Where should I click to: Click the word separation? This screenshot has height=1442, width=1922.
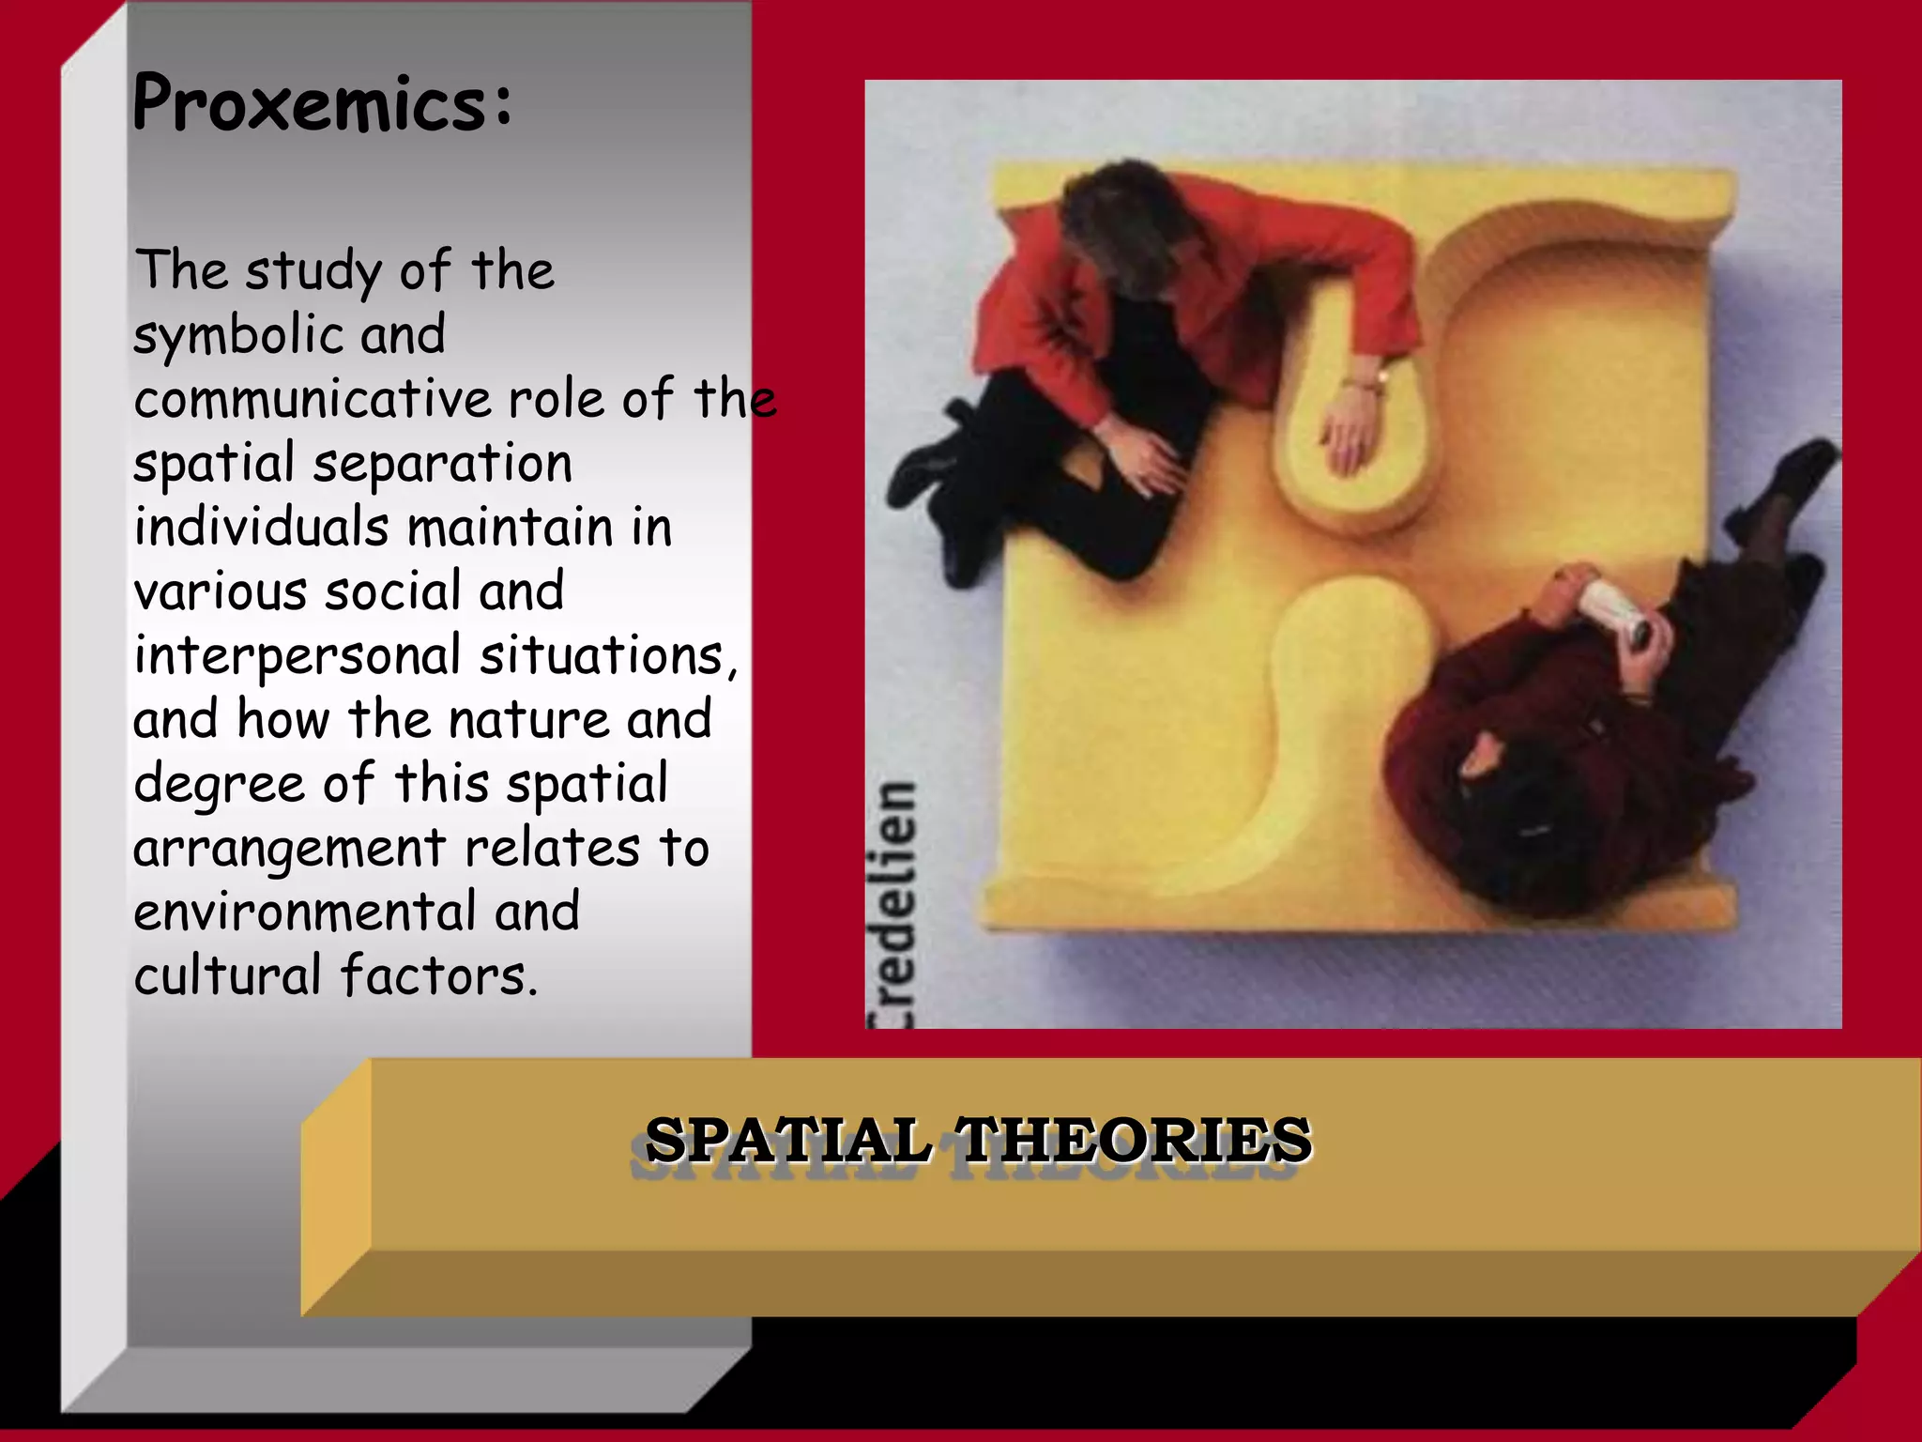pos(442,464)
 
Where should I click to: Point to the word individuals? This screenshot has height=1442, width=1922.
pos(261,527)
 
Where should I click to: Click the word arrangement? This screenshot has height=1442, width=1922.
pos(289,849)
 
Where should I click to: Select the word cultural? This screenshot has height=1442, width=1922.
pos(227,976)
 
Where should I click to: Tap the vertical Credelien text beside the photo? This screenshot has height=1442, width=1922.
pos(891,901)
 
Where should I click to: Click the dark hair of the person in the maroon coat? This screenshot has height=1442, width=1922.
pos(1511,798)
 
